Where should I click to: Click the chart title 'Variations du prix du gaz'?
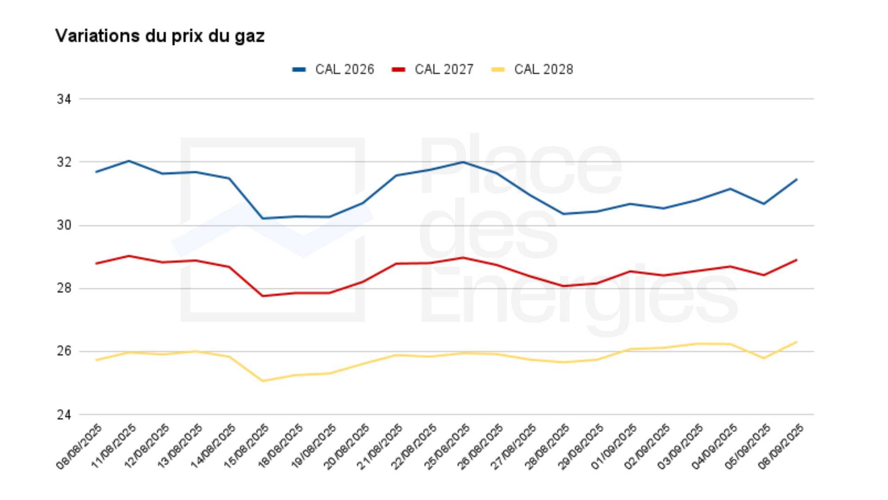coord(160,36)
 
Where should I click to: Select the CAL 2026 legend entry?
coord(333,69)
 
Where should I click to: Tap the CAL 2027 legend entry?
coord(433,69)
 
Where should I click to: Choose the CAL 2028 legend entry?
coord(532,69)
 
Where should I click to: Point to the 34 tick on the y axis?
coord(64,99)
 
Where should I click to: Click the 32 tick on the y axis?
coord(64,162)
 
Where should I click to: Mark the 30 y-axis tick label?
coord(64,225)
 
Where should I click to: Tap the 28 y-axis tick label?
coord(64,288)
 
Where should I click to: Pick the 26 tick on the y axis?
coord(64,351)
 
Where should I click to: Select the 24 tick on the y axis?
coord(64,415)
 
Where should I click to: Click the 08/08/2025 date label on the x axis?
coord(79,447)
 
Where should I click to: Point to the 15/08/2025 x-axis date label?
coord(246,447)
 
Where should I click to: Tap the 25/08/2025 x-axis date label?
coord(447,447)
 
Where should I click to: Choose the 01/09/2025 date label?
coord(614,447)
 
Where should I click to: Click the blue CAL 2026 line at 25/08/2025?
coord(463,162)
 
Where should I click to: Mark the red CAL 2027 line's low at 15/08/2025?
coord(263,296)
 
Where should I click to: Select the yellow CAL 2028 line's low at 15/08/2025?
coord(263,381)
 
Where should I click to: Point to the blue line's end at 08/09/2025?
coord(796,179)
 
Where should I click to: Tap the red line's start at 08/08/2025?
coord(96,263)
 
